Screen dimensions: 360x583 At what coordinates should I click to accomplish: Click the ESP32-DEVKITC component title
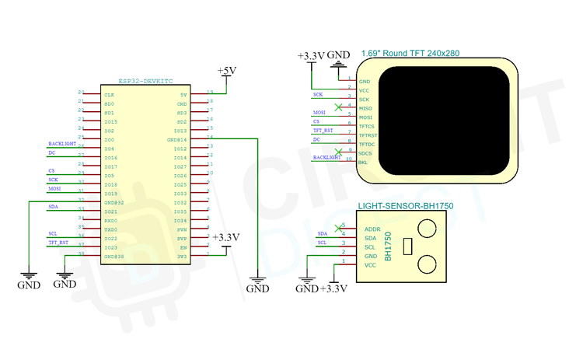pyautogui.click(x=144, y=81)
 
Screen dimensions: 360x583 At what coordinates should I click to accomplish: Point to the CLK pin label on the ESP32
pyautogui.click(x=109, y=95)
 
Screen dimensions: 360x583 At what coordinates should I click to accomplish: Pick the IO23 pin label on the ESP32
pyautogui.click(x=110, y=247)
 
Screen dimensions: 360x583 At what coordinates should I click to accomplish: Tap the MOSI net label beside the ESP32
pyautogui.click(x=54, y=188)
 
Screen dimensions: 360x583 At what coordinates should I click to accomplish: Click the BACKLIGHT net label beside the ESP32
pyautogui.click(x=62, y=144)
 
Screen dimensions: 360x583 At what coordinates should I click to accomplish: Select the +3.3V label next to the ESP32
pyautogui.click(x=226, y=237)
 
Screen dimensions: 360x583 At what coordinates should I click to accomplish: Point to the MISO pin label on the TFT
pyautogui.click(x=365, y=109)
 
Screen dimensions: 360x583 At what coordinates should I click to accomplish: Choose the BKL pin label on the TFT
pyautogui.click(x=364, y=163)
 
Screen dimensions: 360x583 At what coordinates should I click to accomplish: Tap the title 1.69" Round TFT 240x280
pyautogui.click(x=410, y=54)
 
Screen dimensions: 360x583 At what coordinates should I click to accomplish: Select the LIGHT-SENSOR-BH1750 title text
pyautogui.click(x=405, y=207)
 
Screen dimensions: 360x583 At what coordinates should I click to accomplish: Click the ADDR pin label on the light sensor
pyautogui.click(x=372, y=229)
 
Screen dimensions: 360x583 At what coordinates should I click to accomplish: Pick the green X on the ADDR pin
pyautogui.click(x=337, y=228)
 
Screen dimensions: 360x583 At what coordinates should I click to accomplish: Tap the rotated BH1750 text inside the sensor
pyautogui.click(x=389, y=246)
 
